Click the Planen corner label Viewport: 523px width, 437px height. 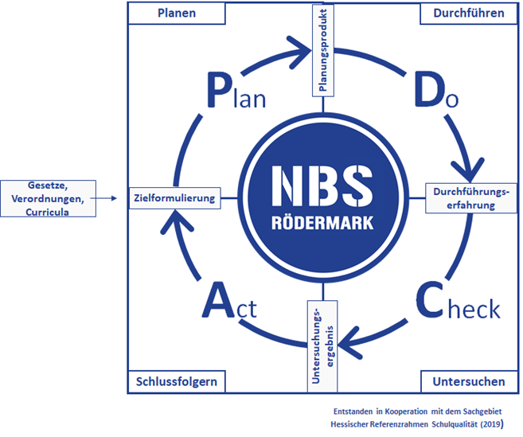(177, 14)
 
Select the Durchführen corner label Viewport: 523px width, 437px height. (469, 14)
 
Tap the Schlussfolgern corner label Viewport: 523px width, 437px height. (176, 381)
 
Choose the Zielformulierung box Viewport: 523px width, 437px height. (175, 197)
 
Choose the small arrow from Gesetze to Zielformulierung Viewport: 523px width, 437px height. (105, 197)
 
